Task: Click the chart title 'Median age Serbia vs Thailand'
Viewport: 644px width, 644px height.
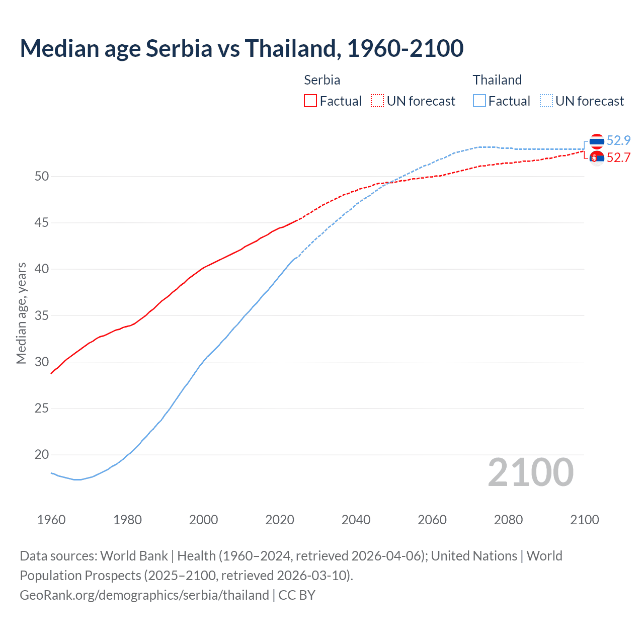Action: pos(242,48)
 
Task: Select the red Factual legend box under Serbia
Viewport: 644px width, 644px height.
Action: pos(310,101)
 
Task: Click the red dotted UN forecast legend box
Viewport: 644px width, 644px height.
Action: pos(377,101)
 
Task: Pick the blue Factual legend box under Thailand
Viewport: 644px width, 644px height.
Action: pos(479,101)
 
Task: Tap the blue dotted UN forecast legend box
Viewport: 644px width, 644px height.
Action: pos(546,101)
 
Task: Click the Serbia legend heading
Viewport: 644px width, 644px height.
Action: pos(322,80)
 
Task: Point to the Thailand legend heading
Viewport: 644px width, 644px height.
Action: pos(497,80)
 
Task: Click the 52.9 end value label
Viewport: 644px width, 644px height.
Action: pos(618,140)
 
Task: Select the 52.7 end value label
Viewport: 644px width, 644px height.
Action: pos(618,157)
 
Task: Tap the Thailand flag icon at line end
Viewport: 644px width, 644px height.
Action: pos(597,141)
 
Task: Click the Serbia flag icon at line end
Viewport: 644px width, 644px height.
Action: pos(597,158)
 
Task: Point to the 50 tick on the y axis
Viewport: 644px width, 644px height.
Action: pos(42,176)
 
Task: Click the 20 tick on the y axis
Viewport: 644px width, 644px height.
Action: pos(42,455)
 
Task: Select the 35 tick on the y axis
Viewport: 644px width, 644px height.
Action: pos(42,316)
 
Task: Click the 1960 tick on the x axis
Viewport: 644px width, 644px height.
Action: pos(51,520)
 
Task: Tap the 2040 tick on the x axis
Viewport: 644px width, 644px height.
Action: pos(356,520)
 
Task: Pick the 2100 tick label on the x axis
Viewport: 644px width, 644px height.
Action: pos(585,520)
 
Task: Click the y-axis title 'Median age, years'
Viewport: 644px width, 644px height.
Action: pos(21,313)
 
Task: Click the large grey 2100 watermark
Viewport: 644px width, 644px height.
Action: pos(531,472)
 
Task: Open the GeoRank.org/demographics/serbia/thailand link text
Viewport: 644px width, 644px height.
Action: pos(144,595)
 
